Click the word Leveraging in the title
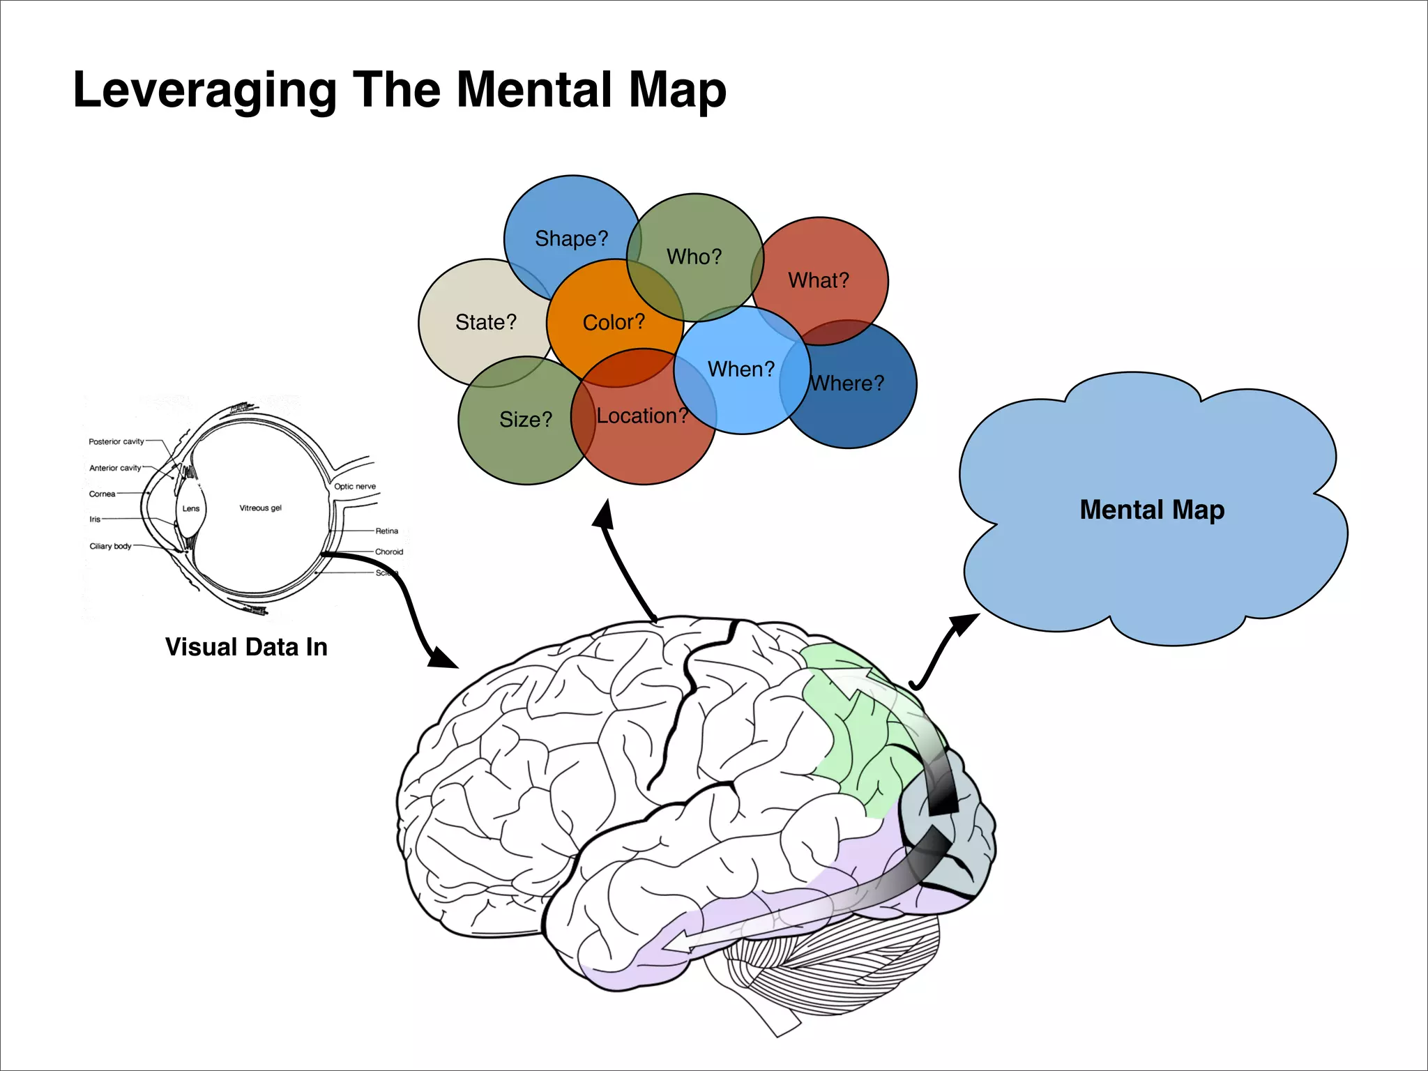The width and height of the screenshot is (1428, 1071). click(x=205, y=91)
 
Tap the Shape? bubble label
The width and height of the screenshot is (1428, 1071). click(x=571, y=238)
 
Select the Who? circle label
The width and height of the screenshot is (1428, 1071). click(x=694, y=257)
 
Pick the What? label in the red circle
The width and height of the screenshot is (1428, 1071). click(x=819, y=280)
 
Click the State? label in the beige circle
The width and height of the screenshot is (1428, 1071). click(x=486, y=322)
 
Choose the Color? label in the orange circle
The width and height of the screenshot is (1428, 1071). click(x=614, y=322)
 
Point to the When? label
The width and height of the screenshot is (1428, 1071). click(x=741, y=369)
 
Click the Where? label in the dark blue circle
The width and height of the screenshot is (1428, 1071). click(x=847, y=383)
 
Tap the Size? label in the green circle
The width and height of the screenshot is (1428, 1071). click(x=526, y=419)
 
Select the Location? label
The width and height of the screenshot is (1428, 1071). click(x=642, y=416)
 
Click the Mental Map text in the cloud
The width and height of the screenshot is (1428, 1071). click(x=1152, y=510)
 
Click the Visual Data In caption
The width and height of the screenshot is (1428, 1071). click(x=246, y=647)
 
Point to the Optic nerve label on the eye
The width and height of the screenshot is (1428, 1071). click(x=355, y=487)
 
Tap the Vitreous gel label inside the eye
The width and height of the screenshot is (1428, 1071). click(x=260, y=508)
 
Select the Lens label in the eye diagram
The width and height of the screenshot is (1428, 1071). click(x=191, y=509)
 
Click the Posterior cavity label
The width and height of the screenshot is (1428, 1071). click(x=116, y=441)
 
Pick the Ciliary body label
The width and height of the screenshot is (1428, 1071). click(x=110, y=546)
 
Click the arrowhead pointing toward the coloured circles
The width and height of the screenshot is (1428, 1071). click(x=605, y=515)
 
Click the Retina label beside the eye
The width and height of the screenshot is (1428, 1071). click(x=386, y=531)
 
